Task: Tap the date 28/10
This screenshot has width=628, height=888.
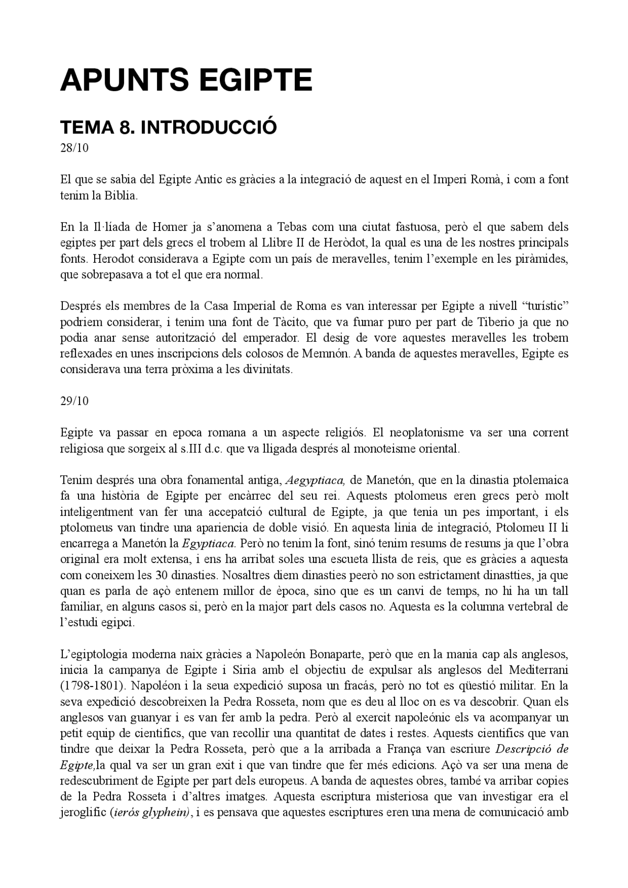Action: (75, 148)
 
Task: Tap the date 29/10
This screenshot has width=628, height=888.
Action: (75, 401)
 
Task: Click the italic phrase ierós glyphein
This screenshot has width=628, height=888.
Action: (151, 812)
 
